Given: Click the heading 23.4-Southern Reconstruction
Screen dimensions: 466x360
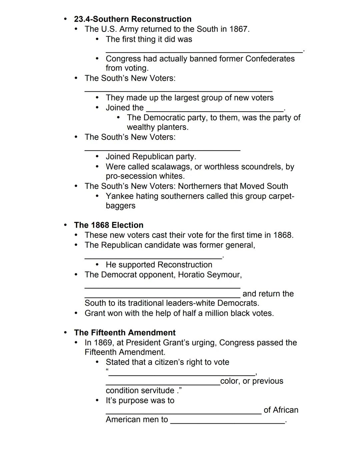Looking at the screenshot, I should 133,19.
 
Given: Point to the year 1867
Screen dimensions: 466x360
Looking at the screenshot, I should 239,29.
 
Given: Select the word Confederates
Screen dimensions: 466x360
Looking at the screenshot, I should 270,59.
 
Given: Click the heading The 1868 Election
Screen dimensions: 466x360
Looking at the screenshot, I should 109,225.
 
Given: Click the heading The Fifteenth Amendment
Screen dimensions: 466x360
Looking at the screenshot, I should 125,333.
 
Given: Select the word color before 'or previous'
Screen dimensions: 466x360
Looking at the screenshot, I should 229,381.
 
